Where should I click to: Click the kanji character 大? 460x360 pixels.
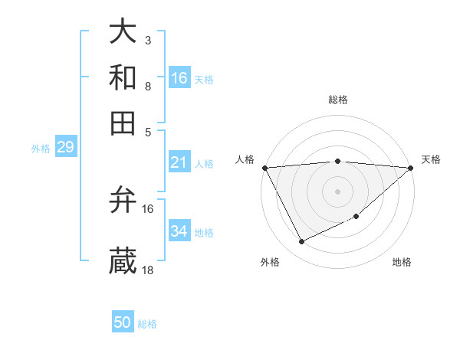click(123, 31)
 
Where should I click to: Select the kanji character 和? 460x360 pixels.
click(123, 77)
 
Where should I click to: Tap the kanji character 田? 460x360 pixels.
click(123, 123)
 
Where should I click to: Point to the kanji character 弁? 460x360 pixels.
click(123, 201)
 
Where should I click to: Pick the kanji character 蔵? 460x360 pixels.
click(123, 261)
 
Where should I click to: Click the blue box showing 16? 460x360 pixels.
click(179, 77)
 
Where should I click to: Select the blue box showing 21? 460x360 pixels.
click(179, 162)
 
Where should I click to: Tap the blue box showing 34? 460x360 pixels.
click(179, 231)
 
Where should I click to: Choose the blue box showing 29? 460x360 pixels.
click(65, 147)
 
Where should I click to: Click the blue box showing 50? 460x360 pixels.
click(123, 322)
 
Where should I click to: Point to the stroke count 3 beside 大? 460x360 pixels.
click(148, 39)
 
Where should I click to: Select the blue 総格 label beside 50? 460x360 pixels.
click(148, 324)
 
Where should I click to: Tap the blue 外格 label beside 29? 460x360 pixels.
click(41, 149)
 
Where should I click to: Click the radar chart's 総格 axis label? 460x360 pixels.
click(337, 100)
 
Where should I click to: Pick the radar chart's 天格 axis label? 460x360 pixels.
click(431, 159)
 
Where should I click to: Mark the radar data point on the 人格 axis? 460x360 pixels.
click(264, 167)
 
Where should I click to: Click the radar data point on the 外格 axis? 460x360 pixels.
click(301, 242)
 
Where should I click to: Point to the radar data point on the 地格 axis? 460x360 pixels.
click(357, 217)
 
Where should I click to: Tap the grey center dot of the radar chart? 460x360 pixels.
click(337, 191)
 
